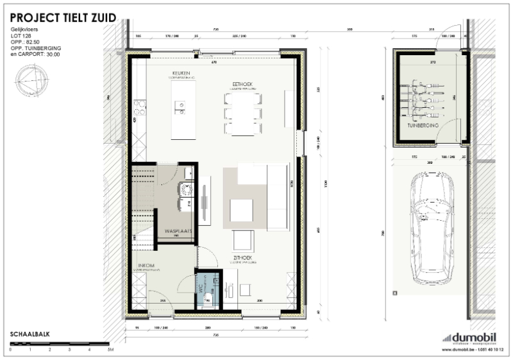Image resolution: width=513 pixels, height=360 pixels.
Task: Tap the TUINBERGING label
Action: [422, 126]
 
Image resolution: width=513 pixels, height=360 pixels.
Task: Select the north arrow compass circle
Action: [30, 81]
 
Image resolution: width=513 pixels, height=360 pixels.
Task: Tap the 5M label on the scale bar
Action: [110, 350]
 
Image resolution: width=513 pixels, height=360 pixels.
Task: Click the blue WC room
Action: [208, 289]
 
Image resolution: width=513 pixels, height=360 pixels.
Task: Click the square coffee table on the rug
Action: [242, 209]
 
